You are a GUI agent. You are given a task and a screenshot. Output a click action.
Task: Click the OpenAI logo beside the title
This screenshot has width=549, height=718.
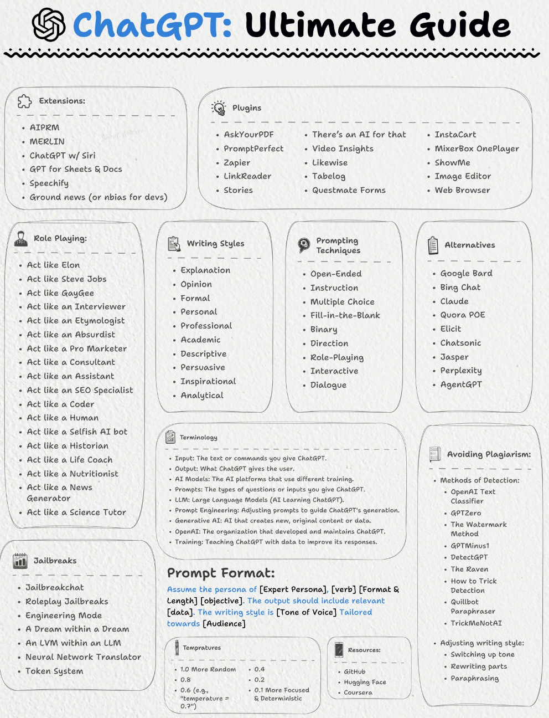[49, 25]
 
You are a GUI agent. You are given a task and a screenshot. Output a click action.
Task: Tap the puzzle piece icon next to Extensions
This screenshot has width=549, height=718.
[25, 101]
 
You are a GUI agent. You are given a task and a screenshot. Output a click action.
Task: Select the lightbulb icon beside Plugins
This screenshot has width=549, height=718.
[219, 107]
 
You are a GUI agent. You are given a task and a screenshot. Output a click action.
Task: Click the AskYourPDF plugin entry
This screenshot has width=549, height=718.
[248, 135]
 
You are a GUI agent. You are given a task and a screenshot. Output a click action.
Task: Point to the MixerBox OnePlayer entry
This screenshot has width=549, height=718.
[477, 148]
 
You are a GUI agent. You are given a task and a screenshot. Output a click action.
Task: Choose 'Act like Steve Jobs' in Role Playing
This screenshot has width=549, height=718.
[66, 279]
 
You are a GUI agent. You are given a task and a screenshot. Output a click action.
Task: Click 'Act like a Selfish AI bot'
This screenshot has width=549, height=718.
[77, 432]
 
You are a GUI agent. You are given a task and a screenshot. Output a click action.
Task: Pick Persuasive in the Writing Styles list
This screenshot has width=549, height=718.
[203, 367]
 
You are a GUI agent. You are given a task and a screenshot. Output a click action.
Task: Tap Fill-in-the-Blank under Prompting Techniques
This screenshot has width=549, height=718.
[345, 315]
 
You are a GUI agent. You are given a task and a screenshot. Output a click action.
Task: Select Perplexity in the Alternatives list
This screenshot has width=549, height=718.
[460, 371]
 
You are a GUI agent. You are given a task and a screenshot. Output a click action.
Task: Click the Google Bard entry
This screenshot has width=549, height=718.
[466, 273]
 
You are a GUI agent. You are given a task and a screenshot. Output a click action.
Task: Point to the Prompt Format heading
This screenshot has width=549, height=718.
[221, 573]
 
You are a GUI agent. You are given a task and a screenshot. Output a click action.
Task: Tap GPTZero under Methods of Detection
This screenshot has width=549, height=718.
[465, 513]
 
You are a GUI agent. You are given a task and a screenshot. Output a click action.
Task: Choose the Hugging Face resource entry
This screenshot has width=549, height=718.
[365, 682]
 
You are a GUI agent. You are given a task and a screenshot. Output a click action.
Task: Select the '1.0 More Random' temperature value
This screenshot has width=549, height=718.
[208, 669]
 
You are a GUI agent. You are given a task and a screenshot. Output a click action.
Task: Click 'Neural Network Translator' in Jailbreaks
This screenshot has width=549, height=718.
[83, 657]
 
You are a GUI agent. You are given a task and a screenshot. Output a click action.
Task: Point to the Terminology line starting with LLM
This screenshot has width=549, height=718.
[259, 500]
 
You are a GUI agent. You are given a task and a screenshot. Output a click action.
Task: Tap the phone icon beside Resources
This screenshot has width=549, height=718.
[339, 649]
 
